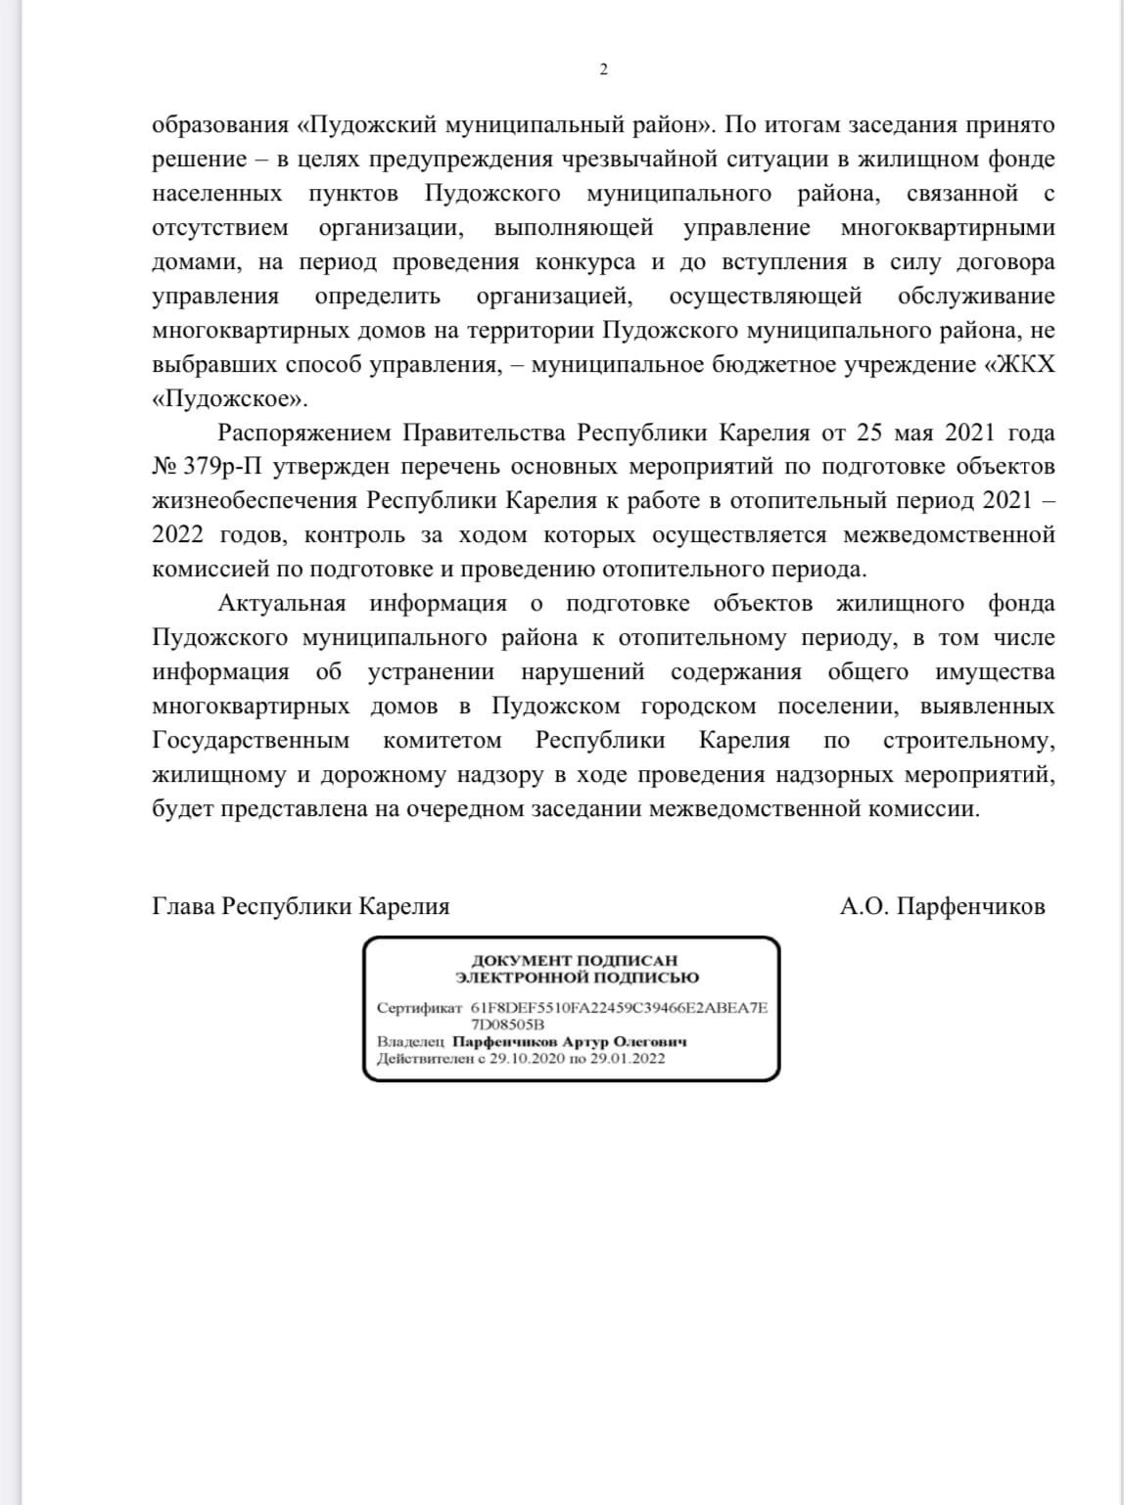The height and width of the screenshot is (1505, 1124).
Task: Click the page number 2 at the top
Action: pos(603,69)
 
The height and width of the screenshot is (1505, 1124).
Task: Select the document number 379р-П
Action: pos(222,467)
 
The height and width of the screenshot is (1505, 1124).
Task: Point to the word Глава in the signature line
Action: pos(184,906)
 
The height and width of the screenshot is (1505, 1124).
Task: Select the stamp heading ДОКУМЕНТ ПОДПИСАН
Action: pos(575,960)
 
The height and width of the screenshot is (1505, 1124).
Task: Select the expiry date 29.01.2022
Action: pos(628,1059)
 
